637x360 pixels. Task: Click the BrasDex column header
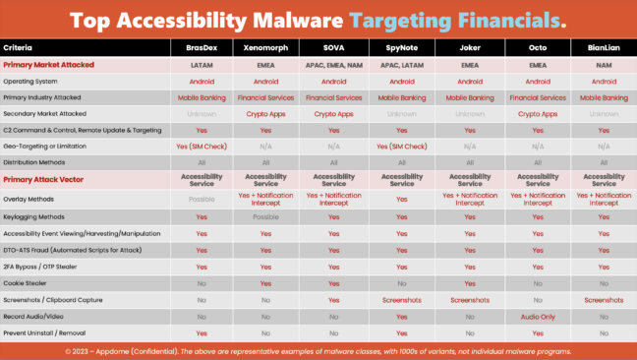[201, 47]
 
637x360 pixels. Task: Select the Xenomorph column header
[266, 47]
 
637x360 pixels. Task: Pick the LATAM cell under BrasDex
[201, 64]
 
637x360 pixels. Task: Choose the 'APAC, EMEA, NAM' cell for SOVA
[334, 64]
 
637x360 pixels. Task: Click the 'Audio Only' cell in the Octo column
[537, 317]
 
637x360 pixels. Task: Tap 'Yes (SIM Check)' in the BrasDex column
[201, 146]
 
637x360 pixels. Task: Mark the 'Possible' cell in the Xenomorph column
[266, 216]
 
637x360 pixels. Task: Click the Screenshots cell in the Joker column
[469, 299]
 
